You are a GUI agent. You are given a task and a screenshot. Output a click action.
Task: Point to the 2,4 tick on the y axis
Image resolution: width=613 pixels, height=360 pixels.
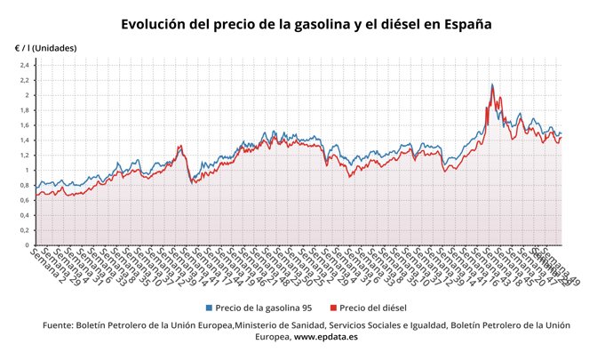coord(25,65)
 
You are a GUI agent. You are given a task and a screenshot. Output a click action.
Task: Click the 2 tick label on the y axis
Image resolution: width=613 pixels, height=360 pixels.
coord(28,95)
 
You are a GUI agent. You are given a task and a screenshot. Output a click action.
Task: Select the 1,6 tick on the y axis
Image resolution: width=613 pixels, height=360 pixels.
coord(25,125)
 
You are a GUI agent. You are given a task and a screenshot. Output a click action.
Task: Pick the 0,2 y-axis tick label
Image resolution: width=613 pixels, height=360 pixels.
coord(25,230)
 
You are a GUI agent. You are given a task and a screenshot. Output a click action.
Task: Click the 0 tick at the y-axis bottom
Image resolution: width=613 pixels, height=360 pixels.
coord(28,245)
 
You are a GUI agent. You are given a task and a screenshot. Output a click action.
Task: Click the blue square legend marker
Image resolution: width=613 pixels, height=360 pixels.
coord(209,308)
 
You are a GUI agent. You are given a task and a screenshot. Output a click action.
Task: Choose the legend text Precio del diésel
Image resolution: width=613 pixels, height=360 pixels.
coord(373,308)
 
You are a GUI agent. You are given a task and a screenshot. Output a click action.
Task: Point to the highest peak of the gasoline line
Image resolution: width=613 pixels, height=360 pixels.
coord(492,84)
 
